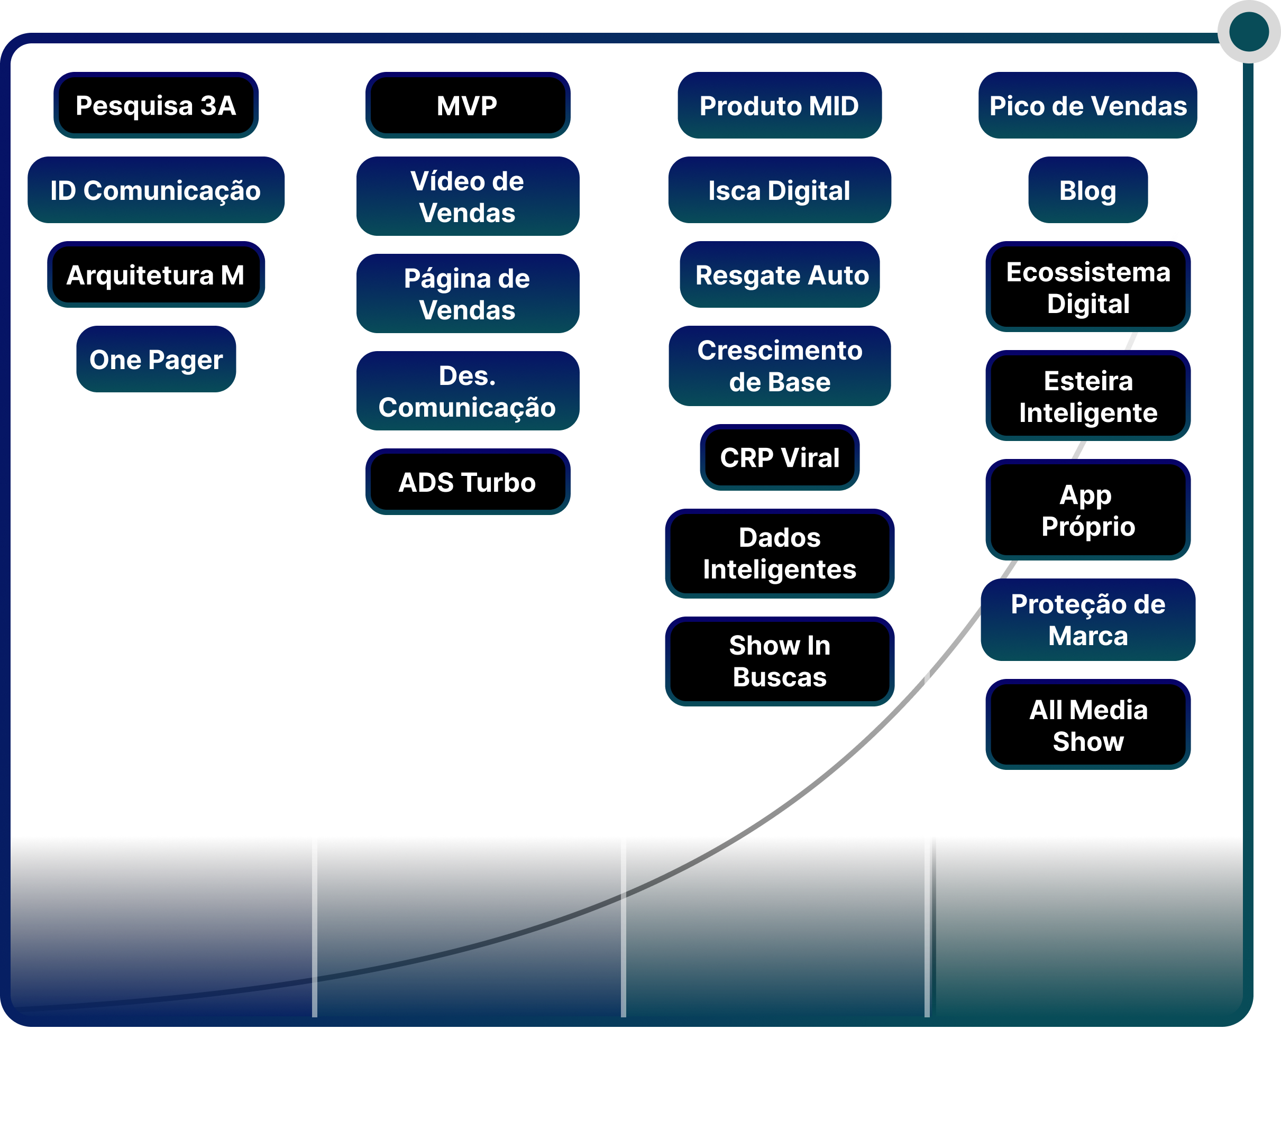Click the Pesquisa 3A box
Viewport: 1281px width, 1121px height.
click(156, 106)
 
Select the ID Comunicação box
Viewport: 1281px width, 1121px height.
click(156, 190)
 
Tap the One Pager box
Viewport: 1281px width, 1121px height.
click(156, 360)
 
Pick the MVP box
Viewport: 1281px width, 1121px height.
click(468, 106)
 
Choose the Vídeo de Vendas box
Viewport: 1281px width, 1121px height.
click(468, 196)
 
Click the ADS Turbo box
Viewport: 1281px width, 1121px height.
click(468, 482)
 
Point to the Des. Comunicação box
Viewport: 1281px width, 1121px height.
click(468, 391)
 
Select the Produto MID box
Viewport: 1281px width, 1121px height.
click(779, 106)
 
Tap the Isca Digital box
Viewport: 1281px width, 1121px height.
click(779, 190)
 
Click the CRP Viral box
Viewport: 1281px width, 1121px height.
click(779, 457)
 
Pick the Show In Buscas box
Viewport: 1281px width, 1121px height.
click(779, 661)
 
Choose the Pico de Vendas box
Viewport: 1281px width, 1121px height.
click(1087, 106)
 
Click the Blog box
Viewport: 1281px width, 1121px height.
click(1087, 190)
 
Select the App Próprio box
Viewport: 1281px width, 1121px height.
click(1087, 510)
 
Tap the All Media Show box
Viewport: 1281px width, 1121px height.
click(1087, 725)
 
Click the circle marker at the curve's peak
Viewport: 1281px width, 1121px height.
click(1248, 32)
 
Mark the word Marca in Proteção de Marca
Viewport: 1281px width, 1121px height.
click(1087, 636)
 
